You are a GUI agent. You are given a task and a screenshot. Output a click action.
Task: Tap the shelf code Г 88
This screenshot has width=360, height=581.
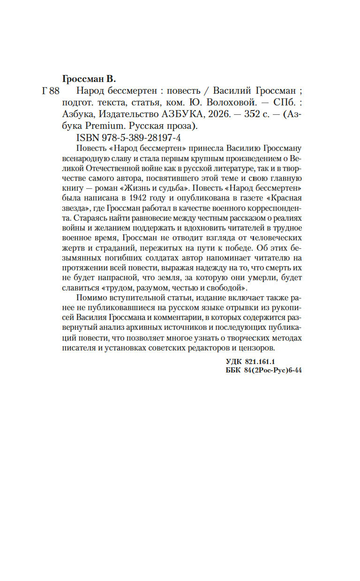(51, 91)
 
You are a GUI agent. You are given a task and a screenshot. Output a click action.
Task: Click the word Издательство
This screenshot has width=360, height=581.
(117, 115)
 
